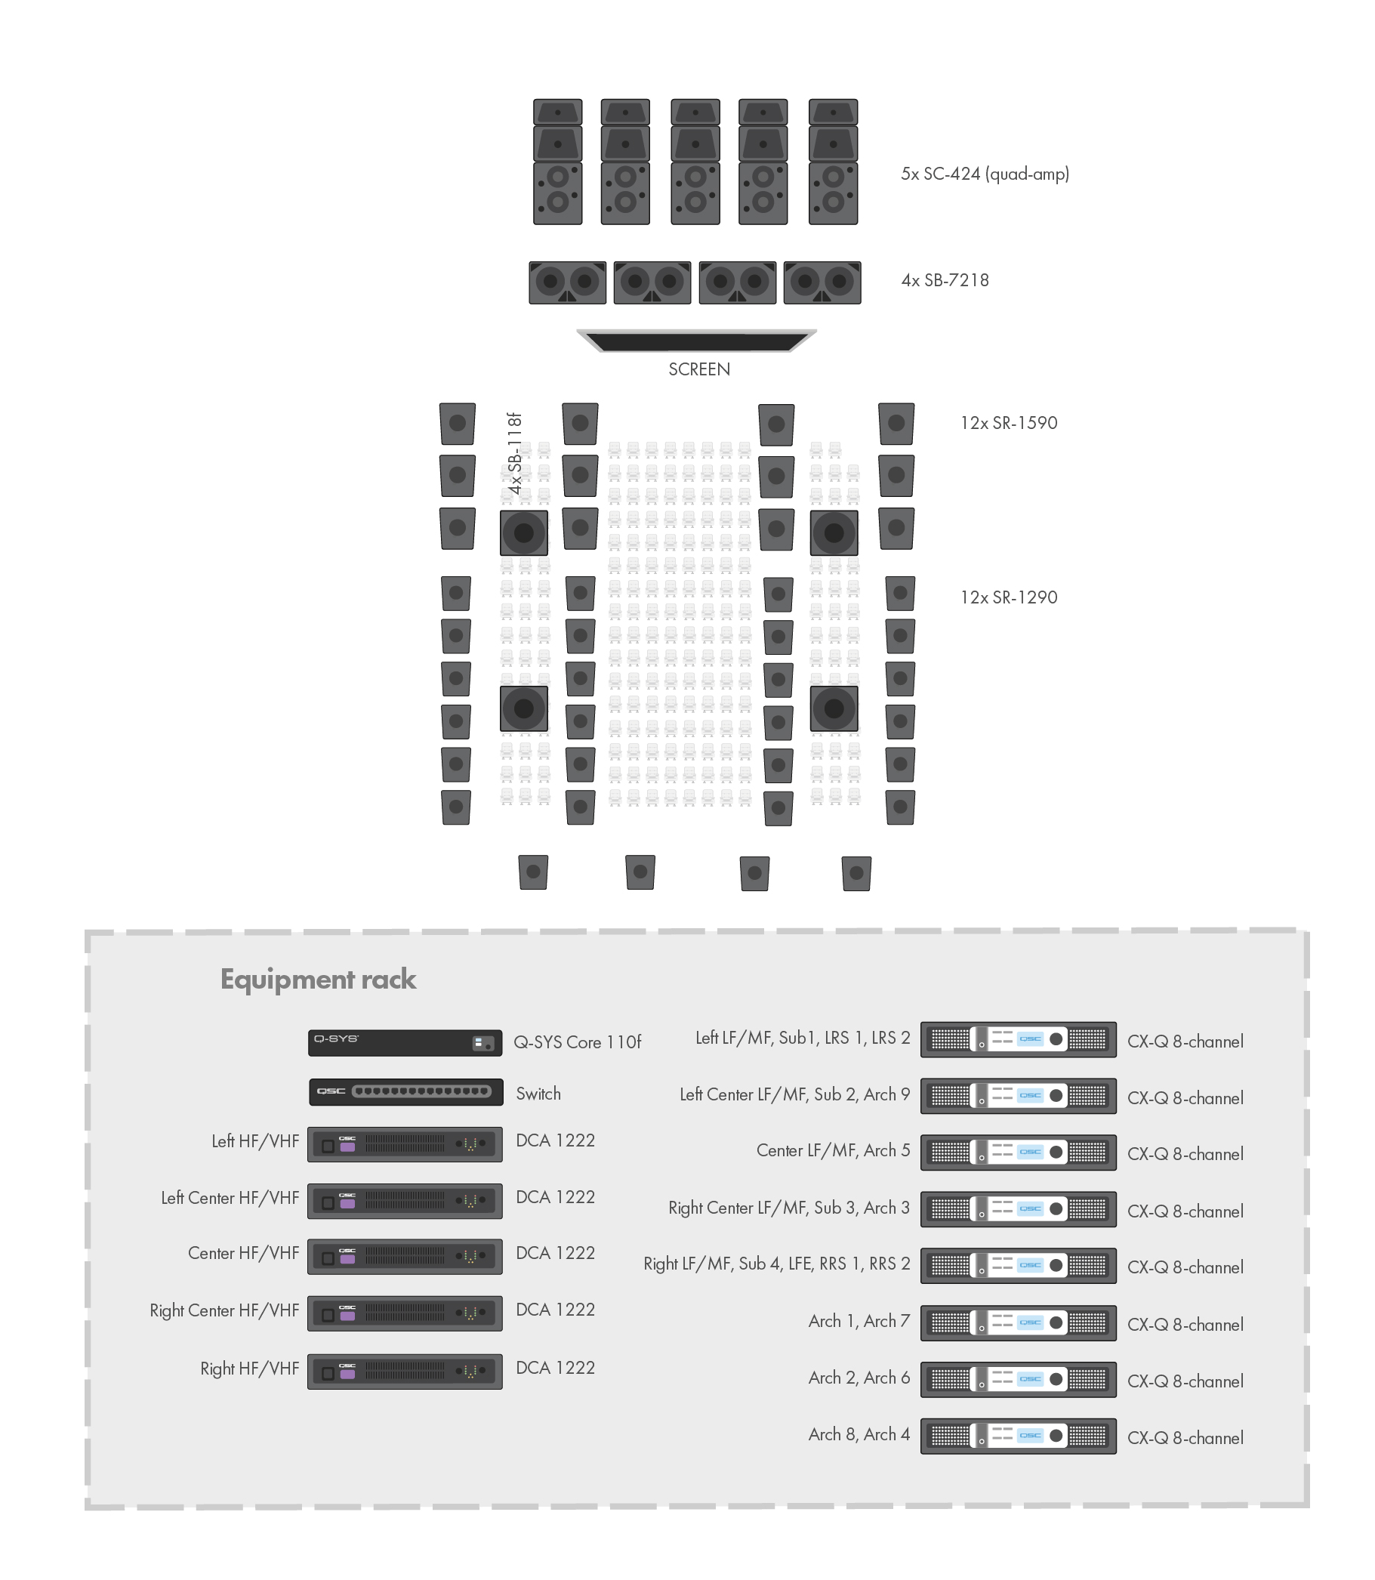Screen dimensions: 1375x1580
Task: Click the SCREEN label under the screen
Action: [x=699, y=369]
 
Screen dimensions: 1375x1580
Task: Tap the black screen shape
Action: [x=697, y=341]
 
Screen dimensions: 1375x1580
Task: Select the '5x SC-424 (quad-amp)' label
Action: [x=985, y=174]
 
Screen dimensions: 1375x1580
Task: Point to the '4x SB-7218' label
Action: [x=945, y=280]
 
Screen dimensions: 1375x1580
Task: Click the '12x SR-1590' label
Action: [x=1008, y=423]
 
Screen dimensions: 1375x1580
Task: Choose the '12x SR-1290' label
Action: [x=1008, y=597]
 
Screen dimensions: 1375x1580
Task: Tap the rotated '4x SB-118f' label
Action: [x=515, y=453]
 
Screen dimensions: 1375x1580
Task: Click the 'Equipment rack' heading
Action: [x=319, y=980]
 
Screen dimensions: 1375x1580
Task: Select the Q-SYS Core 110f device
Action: [x=405, y=1043]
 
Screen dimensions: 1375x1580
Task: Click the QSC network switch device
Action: [x=406, y=1092]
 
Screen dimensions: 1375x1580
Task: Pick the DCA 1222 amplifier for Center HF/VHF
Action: [x=405, y=1256]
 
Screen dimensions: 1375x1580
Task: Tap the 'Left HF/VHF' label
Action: [x=255, y=1141]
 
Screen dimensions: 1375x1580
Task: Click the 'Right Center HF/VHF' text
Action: [x=224, y=1310]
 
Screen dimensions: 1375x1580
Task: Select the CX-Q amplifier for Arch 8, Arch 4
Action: [x=1018, y=1436]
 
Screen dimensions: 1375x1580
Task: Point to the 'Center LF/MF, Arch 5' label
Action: [x=834, y=1150]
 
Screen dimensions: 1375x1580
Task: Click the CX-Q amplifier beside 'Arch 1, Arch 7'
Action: [x=1018, y=1323]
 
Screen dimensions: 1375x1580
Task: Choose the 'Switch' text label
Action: [x=538, y=1094]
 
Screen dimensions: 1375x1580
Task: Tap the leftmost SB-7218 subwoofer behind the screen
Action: [x=568, y=282]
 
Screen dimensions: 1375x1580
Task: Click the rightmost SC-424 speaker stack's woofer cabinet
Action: [x=834, y=193]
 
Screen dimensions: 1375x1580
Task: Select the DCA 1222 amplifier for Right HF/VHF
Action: [x=405, y=1372]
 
